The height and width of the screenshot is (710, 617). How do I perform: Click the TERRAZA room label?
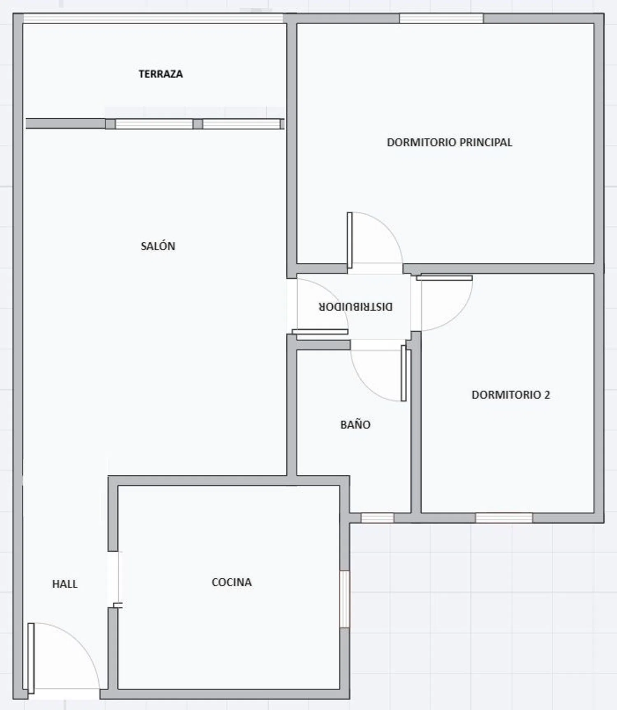pyautogui.click(x=160, y=74)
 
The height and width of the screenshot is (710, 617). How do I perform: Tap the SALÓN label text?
pyautogui.click(x=158, y=246)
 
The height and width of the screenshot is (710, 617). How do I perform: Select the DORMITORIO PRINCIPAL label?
pyautogui.click(x=450, y=142)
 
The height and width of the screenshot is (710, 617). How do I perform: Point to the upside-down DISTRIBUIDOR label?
pyautogui.click(x=356, y=307)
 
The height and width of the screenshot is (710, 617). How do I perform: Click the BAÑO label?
pyautogui.click(x=355, y=424)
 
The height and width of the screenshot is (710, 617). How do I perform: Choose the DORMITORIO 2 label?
pyautogui.click(x=510, y=395)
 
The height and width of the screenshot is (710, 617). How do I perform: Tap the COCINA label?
pyautogui.click(x=232, y=582)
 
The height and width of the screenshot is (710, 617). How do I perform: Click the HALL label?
pyautogui.click(x=65, y=584)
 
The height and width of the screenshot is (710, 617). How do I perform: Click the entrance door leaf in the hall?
pyautogui.click(x=31, y=658)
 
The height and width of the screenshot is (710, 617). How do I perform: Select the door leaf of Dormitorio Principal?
pyautogui.click(x=350, y=241)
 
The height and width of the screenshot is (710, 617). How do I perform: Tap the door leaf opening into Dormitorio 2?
pyautogui.click(x=444, y=278)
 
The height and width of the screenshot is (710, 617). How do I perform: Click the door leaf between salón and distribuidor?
pyautogui.click(x=320, y=332)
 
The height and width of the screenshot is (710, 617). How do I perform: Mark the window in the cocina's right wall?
pyautogui.click(x=344, y=599)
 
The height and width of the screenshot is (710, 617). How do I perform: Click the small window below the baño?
pyautogui.click(x=377, y=518)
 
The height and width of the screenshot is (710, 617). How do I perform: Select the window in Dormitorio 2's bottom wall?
pyautogui.click(x=504, y=518)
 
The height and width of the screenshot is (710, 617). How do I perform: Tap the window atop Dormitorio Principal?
pyautogui.click(x=441, y=19)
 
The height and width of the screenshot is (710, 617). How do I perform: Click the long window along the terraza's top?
pyautogui.click(x=153, y=19)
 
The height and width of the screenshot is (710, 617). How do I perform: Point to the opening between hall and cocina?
pyautogui.click(x=114, y=579)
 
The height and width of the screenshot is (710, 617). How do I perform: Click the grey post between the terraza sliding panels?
pyautogui.click(x=198, y=124)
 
